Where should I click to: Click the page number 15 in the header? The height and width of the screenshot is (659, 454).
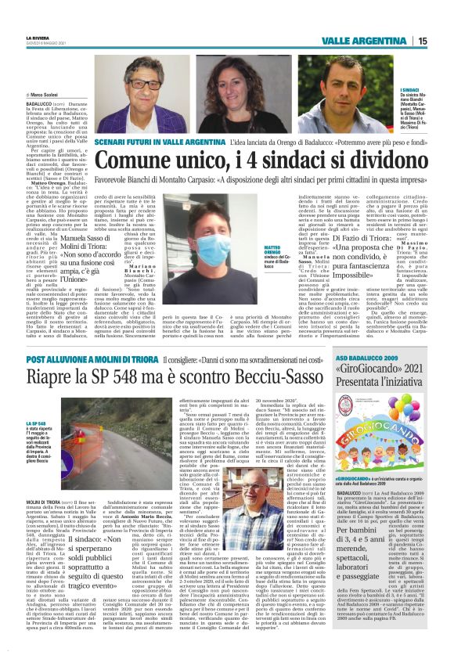click(x=422, y=41)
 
